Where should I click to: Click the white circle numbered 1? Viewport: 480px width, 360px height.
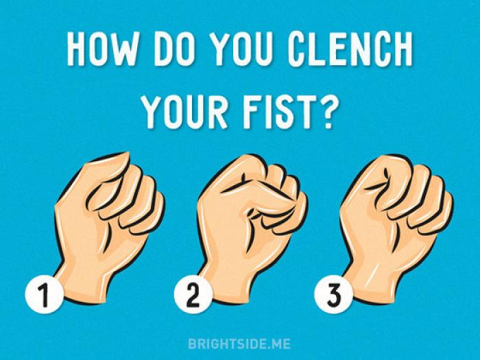click(45, 294)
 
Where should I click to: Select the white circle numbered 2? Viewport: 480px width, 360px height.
click(193, 294)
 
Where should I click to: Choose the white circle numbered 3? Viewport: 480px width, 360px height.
click(334, 294)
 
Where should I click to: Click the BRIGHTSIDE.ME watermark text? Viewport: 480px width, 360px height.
click(239, 344)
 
